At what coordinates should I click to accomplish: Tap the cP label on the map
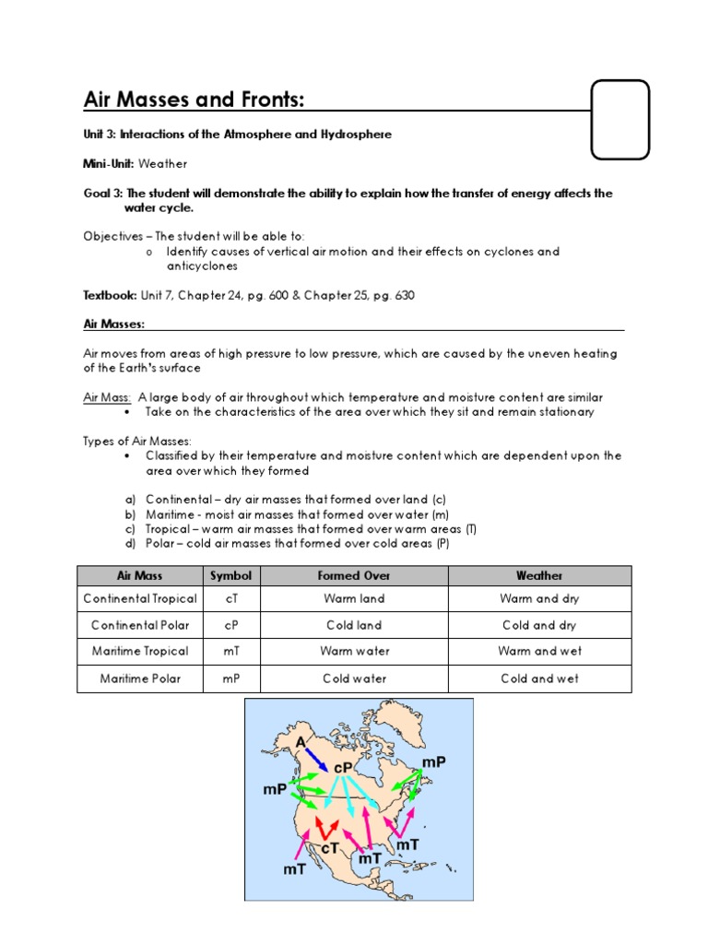tap(345, 767)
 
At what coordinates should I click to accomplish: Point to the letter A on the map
tap(301, 742)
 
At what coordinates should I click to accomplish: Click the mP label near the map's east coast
tap(433, 761)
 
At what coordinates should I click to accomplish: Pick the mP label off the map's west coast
tap(276, 790)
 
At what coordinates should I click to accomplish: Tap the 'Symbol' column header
tap(230, 575)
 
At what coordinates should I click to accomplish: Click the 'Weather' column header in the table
tap(539, 575)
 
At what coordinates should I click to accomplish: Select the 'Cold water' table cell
tap(354, 678)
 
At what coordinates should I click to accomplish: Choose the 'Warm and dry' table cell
tap(539, 598)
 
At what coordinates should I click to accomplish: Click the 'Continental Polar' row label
tap(140, 625)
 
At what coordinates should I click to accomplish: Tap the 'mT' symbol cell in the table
tap(230, 651)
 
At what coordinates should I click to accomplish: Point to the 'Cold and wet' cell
tap(539, 678)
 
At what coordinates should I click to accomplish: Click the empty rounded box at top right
tap(620, 119)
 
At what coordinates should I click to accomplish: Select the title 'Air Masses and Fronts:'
tap(195, 99)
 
